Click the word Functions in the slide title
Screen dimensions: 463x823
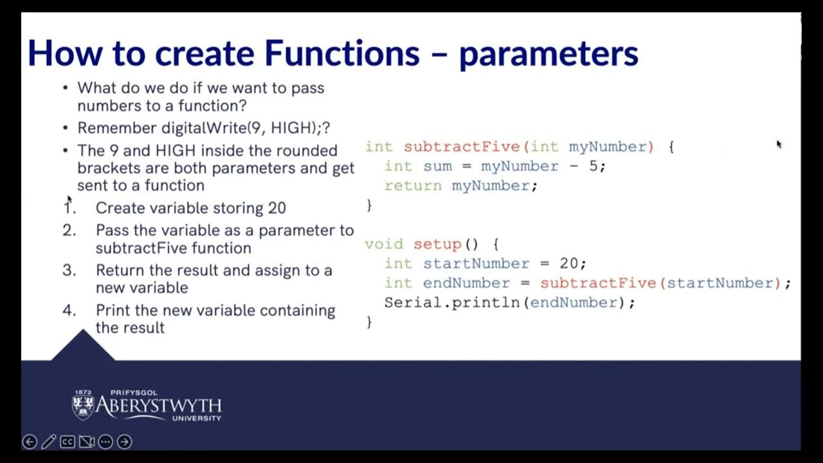(x=341, y=53)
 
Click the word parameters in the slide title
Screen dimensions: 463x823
(x=548, y=54)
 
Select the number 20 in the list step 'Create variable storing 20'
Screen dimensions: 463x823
(x=276, y=208)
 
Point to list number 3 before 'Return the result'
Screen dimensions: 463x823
(x=69, y=270)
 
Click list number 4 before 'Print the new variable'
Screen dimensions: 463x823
(x=69, y=310)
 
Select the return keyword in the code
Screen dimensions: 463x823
(x=413, y=186)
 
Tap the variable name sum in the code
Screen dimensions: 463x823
(x=437, y=167)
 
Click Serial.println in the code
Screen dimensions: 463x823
(x=451, y=302)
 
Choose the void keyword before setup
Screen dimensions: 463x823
(x=384, y=244)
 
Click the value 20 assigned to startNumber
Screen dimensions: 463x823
(x=568, y=264)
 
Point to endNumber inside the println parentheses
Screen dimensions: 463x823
(x=574, y=302)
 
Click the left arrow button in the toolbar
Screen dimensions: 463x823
(x=30, y=442)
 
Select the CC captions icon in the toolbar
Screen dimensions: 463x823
(x=67, y=442)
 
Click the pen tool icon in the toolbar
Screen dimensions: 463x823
(x=48, y=442)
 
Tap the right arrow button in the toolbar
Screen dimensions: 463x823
(x=125, y=442)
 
